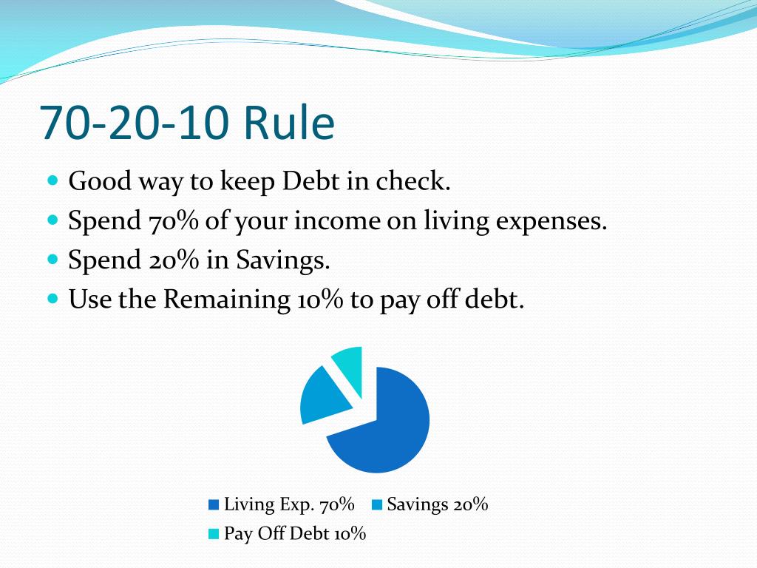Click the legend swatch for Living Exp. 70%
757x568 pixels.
pyautogui.click(x=214, y=505)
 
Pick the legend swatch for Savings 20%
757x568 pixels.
pyautogui.click(x=377, y=505)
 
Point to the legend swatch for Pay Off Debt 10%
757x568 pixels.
pyautogui.click(x=214, y=534)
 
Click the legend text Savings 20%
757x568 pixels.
pyautogui.click(x=438, y=504)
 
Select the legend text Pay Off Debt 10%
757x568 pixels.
pyautogui.click(x=295, y=534)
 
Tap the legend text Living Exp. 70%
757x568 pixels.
pyautogui.click(x=289, y=504)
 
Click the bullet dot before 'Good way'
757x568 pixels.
pyautogui.click(x=53, y=180)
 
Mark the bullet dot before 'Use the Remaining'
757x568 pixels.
pyautogui.click(x=53, y=299)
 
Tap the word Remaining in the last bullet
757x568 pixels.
pyautogui.click(x=226, y=300)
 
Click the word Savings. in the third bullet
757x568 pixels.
pyautogui.click(x=282, y=260)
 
